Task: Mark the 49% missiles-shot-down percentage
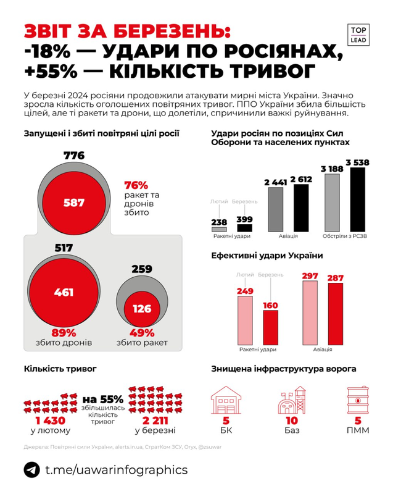[x=142, y=332]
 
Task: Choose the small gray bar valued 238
[x=219, y=229]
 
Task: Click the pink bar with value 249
[x=246, y=320]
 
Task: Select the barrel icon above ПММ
[x=357, y=400]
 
